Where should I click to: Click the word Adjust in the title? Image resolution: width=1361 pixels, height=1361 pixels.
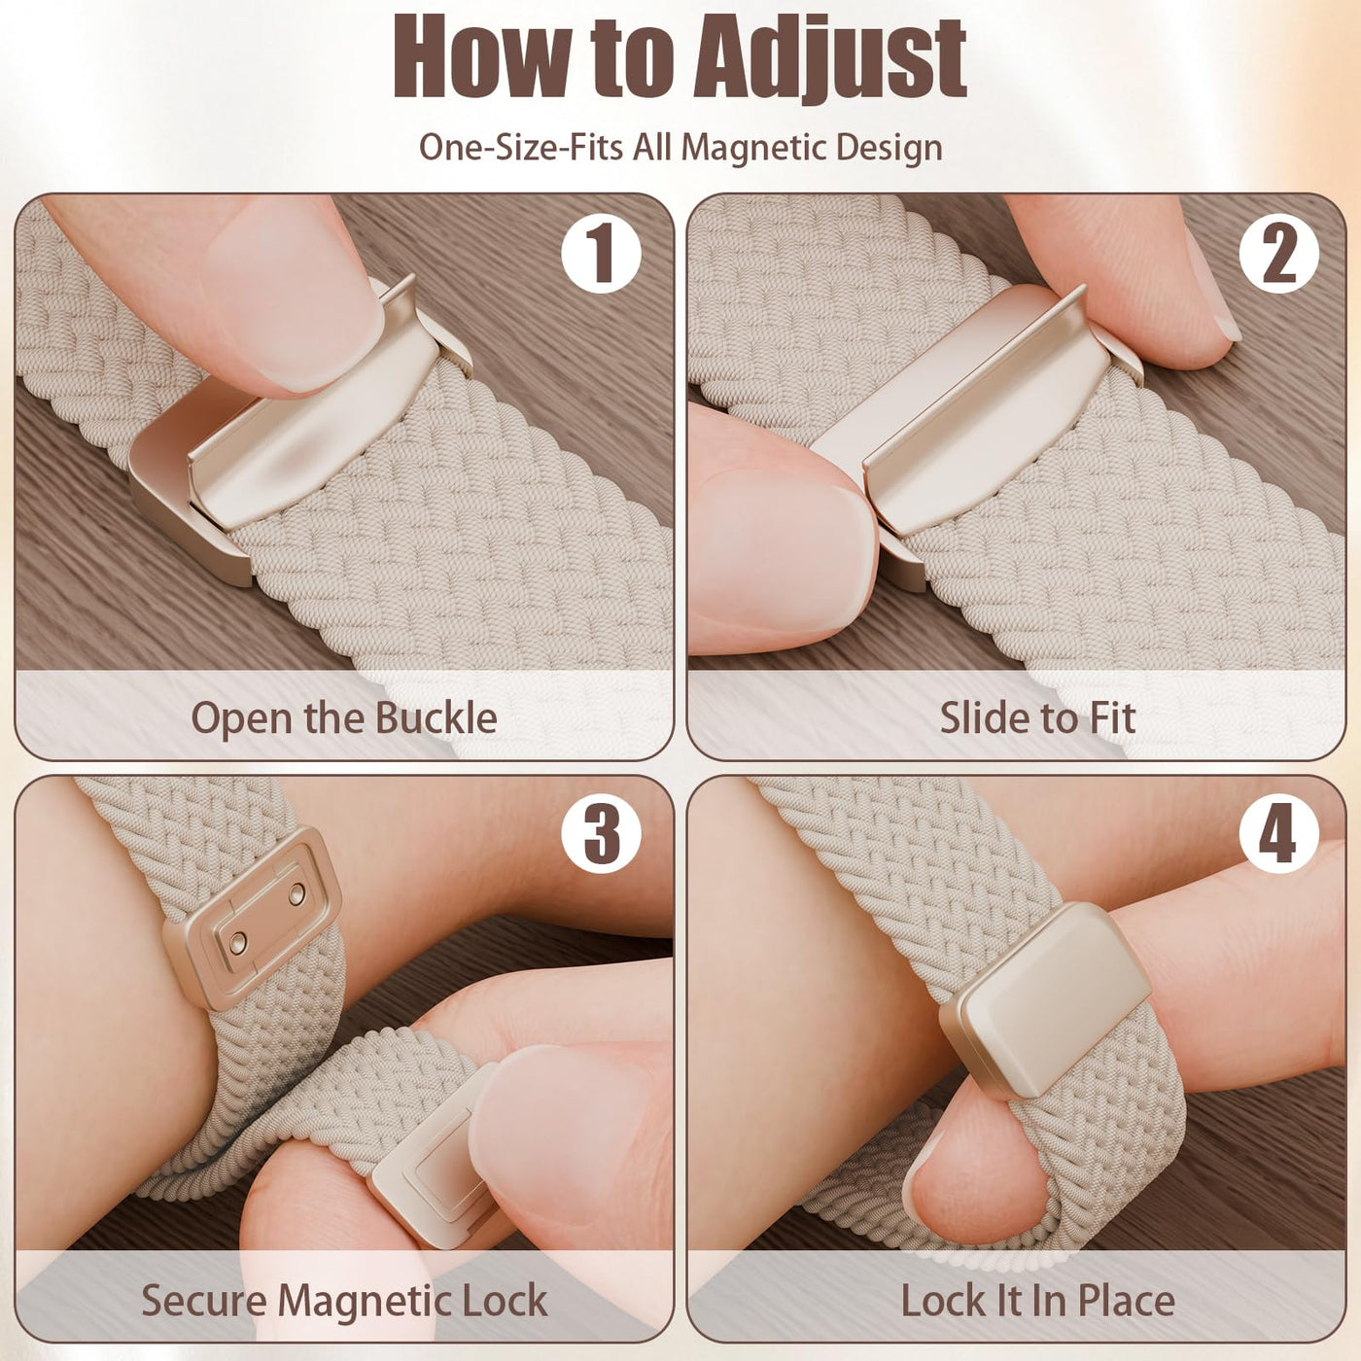click(x=830, y=60)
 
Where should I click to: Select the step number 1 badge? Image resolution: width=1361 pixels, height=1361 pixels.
click(x=601, y=254)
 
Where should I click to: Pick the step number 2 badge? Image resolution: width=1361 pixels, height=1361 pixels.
click(x=1278, y=254)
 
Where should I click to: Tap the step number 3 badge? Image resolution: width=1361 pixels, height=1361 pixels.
click(x=601, y=834)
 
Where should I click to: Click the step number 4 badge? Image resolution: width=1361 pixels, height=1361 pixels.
click(x=1278, y=834)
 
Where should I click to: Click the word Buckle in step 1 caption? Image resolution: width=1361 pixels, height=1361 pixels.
click(x=436, y=717)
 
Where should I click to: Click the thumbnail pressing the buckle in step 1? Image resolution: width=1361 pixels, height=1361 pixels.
click(x=290, y=300)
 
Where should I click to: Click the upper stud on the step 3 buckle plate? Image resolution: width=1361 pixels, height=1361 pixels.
click(x=297, y=894)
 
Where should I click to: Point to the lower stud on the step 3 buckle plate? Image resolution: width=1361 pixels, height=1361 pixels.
click(x=238, y=942)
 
